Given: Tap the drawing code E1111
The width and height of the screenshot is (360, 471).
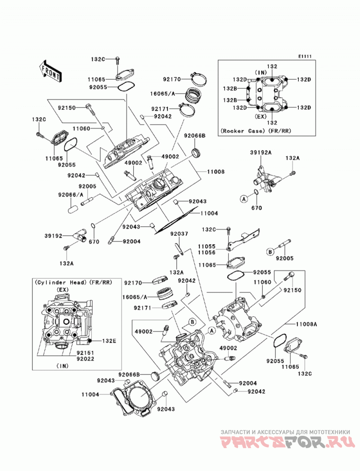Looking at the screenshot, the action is click(x=305, y=56).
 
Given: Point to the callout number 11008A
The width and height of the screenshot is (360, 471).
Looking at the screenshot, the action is click(x=307, y=324).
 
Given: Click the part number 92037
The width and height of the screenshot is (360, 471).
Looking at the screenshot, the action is click(x=179, y=233).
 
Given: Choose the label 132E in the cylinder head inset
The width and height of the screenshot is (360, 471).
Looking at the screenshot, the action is click(x=109, y=341).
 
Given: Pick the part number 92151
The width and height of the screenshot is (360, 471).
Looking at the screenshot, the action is click(x=85, y=353).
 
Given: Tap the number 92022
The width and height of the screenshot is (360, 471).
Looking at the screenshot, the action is click(x=85, y=359).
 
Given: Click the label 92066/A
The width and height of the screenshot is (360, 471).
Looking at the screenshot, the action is click(x=71, y=195).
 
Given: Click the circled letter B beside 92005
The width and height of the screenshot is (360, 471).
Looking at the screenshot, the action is click(x=270, y=251).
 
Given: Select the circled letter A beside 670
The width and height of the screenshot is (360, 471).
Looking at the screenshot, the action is click(x=244, y=198).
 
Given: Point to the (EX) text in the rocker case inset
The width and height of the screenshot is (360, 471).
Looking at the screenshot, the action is click(x=260, y=117).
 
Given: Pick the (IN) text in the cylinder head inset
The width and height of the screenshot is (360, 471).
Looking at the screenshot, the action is click(x=62, y=366).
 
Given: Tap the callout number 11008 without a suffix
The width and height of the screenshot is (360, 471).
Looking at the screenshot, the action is click(x=216, y=172).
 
